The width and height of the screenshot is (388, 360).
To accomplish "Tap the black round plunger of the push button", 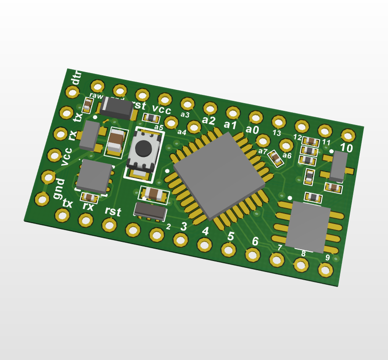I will click(143, 147).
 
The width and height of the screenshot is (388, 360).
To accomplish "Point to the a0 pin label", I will click(252, 130).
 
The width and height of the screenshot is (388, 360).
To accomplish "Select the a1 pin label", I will click(230, 125).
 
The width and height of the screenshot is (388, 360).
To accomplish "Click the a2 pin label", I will click(209, 120).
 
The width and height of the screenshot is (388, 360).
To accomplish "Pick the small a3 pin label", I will click(185, 115).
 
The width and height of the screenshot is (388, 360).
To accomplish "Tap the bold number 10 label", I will click(346, 148).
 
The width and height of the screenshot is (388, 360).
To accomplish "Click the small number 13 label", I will click(277, 133).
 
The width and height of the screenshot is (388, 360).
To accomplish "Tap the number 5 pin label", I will click(231, 236).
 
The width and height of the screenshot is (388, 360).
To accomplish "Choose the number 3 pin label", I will click(184, 226).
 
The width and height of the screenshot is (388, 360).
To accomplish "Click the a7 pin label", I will click(262, 151).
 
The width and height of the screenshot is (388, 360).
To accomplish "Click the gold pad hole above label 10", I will click(348, 135).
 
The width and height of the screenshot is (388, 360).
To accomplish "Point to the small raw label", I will click(96, 96).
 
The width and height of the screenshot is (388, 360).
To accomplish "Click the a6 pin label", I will click(287, 156).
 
